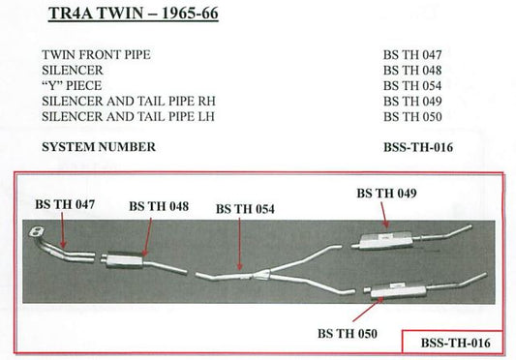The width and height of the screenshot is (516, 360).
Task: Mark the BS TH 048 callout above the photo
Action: (x=159, y=207)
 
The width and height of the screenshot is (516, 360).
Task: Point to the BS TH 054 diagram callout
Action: (x=246, y=208)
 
